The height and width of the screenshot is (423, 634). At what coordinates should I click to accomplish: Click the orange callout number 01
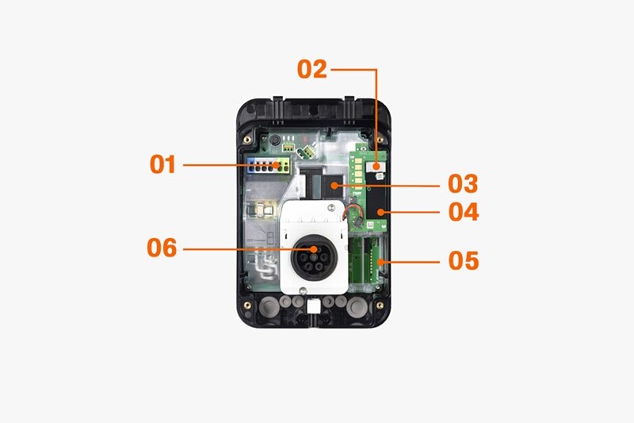pyautogui.click(x=162, y=164)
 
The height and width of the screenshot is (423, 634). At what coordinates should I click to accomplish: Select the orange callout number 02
pyautogui.click(x=311, y=69)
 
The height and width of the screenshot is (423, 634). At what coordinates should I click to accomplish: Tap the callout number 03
pyautogui.click(x=463, y=184)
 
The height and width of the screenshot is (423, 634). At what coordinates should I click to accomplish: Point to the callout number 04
pyautogui.click(x=464, y=212)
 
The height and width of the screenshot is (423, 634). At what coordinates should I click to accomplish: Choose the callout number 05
pyautogui.click(x=464, y=260)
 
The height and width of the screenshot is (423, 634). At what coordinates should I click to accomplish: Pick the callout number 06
pyautogui.click(x=162, y=248)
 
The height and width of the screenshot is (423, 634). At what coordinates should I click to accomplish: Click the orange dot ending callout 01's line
pyautogui.click(x=276, y=165)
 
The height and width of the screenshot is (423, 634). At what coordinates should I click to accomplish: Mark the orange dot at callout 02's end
pyautogui.click(x=376, y=166)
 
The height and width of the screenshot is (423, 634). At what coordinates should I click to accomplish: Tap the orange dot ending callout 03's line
pyautogui.click(x=334, y=186)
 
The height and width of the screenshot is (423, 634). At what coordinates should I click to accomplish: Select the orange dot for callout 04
pyautogui.click(x=380, y=212)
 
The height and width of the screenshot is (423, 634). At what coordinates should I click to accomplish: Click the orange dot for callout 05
pyautogui.click(x=380, y=263)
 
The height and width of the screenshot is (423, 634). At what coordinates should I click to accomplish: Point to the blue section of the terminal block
pyautogui.click(x=251, y=166)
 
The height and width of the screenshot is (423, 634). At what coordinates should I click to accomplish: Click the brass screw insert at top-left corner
pyautogui.click(x=247, y=140)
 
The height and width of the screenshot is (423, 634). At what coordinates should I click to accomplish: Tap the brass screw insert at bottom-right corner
pyautogui.click(x=380, y=306)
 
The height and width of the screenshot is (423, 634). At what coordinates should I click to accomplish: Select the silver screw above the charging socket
pyautogui.click(x=331, y=208)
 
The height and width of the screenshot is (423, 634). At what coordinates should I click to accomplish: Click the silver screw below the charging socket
pyautogui.click(x=303, y=290)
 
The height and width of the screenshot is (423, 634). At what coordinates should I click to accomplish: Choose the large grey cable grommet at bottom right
pyautogui.click(x=357, y=306)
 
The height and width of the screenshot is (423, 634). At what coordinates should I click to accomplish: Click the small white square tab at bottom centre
pyautogui.click(x=313, y=307)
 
